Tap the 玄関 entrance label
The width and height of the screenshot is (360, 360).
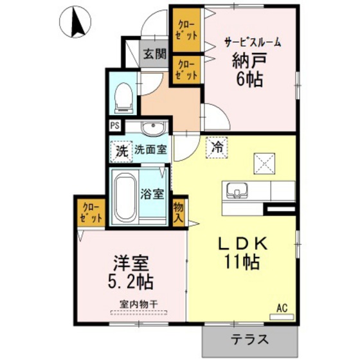click(154, 54)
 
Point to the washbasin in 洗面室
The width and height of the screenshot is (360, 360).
click(152, 129)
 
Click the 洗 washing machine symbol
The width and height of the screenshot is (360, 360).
click(120, 152)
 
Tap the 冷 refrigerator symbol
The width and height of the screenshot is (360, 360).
click(217, 147)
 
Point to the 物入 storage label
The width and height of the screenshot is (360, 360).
click(179, 212)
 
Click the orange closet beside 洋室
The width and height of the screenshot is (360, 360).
click(90, 212)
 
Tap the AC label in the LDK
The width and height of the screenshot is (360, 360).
click(282, 308)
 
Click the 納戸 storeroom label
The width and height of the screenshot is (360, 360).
click(248, 62)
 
